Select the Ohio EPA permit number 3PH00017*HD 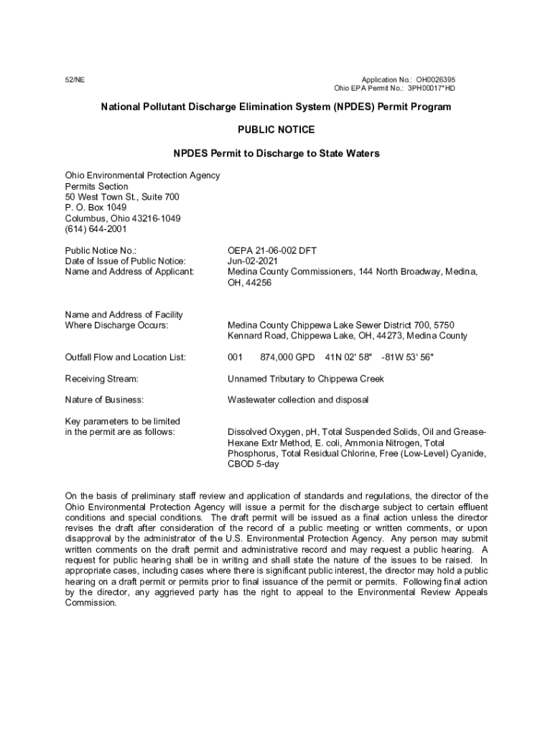tap(432, 88)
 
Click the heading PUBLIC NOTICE tap(276, 130)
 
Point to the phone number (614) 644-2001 tap(96, 229)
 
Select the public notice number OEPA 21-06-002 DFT tap(272, 250)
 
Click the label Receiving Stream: tap(101, 379)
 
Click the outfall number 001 tap(236, 357)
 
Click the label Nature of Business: tap(104, 400)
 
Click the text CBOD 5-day tap(254, 464)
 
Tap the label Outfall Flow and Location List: tap(126, 357)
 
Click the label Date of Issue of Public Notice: tap(125, 261)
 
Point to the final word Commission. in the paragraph tap(90, 603)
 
